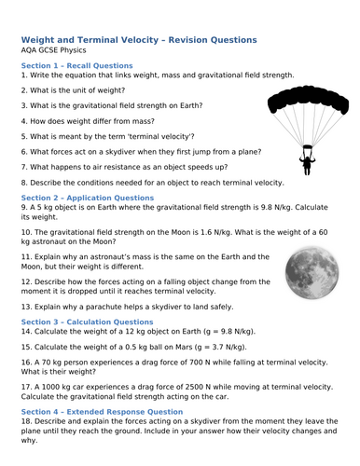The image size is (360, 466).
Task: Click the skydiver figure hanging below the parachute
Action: pyautogui.click(x=306, y=164)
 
